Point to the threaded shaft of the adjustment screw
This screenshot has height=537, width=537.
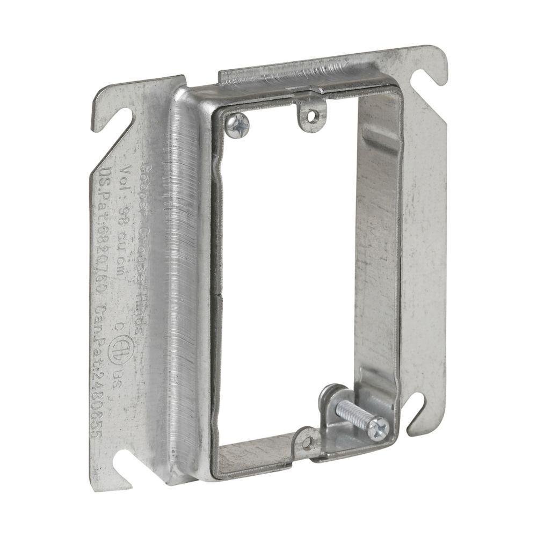[352, 415]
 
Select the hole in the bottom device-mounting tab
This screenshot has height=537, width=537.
[307, 442]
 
